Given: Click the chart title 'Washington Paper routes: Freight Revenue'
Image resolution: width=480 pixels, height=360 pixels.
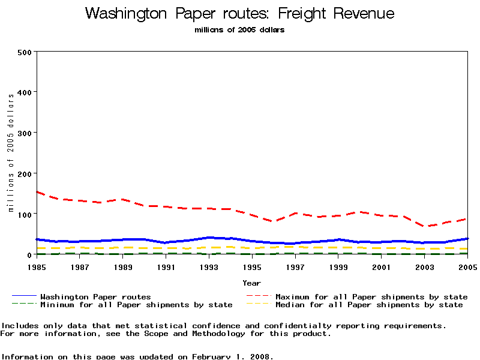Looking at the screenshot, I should point(240,13).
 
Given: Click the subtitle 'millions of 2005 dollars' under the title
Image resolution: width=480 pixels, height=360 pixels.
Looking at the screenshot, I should point(239,30).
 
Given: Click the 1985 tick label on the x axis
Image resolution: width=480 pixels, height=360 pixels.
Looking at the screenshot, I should point(37,266).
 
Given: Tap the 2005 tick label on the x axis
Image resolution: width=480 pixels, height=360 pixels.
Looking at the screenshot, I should point(467,266).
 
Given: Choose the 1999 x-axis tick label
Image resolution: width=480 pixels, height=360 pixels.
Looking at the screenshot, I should point(338,266).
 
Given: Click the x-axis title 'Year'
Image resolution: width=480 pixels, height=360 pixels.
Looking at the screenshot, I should point(251,283).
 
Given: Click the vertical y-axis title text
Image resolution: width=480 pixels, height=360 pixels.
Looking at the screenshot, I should point(11,153).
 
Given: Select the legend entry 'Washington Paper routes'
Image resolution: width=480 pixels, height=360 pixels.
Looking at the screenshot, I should point(95,296).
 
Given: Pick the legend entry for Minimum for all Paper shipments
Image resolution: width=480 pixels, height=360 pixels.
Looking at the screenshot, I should point(136,305).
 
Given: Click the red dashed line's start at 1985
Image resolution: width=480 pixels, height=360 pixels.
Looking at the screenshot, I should point(37,192).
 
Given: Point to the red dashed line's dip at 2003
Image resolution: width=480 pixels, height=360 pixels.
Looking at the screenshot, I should point(425,227).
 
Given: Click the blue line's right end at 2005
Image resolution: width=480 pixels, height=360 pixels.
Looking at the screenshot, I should point(467,239).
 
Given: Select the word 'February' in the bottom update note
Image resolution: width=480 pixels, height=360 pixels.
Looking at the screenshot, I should point(211,356).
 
